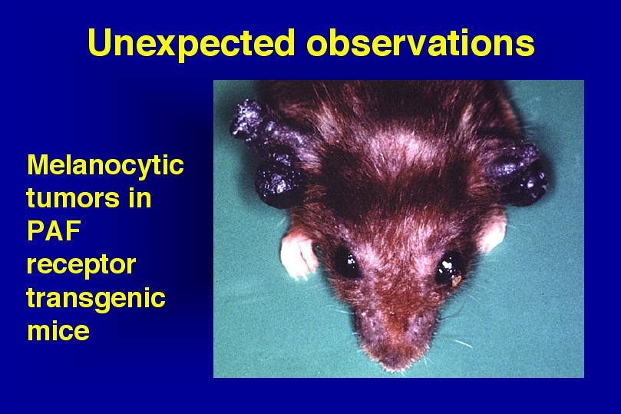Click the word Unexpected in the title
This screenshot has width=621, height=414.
click(191, 44)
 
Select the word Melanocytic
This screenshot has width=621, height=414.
click(105, 166)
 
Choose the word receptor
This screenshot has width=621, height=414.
click(81, 265)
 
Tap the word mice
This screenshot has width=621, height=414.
click(58, 330)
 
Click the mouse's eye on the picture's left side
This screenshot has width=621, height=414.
click(346, 262)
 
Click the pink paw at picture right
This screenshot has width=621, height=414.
click(492, 232)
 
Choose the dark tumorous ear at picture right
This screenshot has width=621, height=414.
click(515, 174)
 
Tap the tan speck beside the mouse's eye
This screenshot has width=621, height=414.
click(457, 280)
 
